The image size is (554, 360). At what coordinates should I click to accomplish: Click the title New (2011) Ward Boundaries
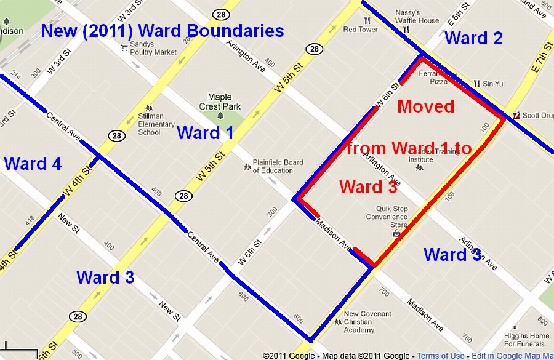163,31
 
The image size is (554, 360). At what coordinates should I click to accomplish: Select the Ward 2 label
473,38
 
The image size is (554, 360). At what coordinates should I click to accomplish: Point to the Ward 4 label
33,164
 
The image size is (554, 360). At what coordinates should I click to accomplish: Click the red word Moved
425,106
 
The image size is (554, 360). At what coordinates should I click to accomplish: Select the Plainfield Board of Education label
278,166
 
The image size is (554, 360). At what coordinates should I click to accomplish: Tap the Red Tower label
360,29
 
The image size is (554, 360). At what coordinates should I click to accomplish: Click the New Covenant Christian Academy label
367,321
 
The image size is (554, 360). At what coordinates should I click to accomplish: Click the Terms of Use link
441,356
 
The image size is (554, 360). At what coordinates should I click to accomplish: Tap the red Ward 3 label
367,187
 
